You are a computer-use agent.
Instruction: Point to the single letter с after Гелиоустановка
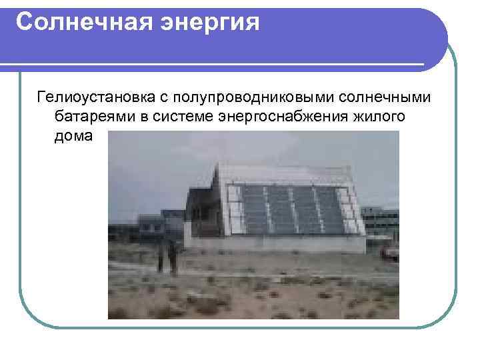pyautogui.click(x=162, y=99)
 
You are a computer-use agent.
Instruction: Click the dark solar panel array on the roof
pyautogui.click(x=293, y=208)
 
